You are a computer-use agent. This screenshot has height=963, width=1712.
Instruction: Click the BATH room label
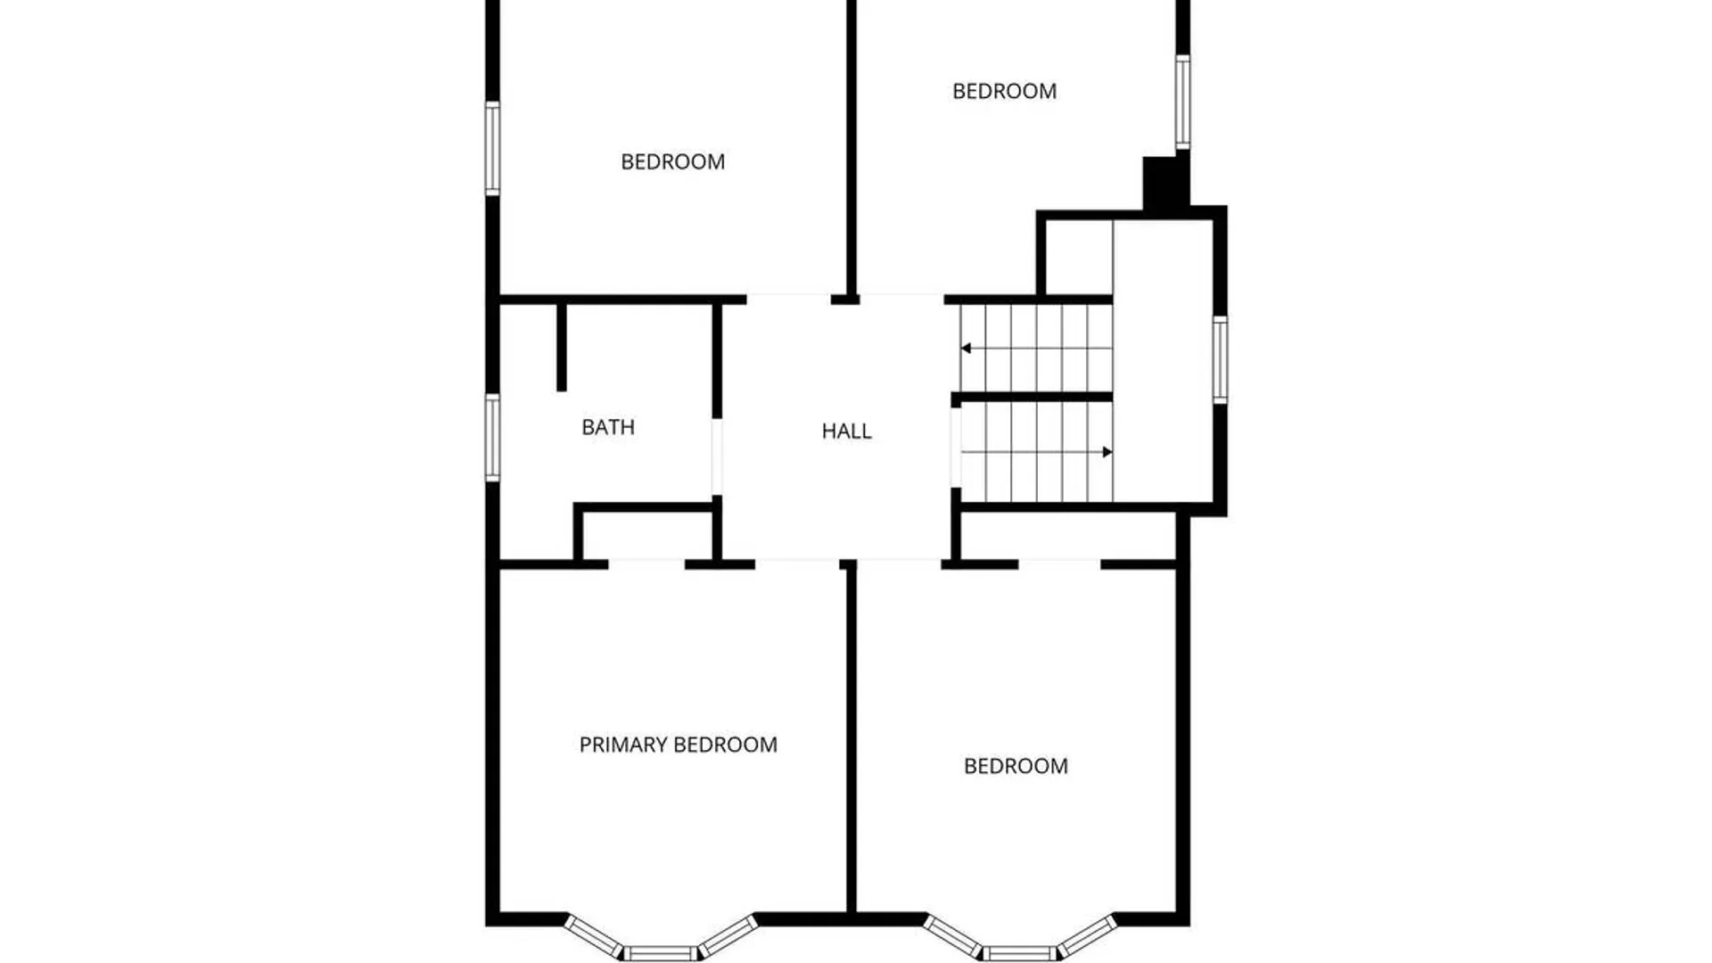click(608, 427)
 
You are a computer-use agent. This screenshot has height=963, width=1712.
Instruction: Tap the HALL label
click(846, 432)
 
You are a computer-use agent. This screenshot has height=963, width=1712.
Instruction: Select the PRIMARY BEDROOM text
click(678, 745)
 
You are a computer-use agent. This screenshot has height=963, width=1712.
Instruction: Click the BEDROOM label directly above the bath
click(672, 161)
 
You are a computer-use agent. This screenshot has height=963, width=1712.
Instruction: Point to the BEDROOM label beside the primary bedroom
click(1016, 766)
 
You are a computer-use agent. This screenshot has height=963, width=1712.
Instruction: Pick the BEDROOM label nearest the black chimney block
click(1004, 91)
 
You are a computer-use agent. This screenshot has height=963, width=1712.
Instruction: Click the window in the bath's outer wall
click(492, 437)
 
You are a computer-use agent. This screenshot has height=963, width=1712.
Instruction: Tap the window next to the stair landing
click(1220, 358)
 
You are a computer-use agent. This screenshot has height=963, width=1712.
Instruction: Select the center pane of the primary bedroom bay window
click(661, 953)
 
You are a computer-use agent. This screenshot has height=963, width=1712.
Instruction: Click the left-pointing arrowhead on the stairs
click(966, 349)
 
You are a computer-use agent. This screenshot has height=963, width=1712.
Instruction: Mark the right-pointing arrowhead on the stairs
click(1107, 452)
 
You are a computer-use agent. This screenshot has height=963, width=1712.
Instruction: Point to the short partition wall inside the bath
click(561, 347)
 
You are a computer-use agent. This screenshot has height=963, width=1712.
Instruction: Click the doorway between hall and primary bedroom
click(797, 564)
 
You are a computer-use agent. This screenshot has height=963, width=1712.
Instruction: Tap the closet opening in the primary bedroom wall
click(646, 564)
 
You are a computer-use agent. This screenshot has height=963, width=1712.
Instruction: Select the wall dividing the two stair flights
click(1032, 397)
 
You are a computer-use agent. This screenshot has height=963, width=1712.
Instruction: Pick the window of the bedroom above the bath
click(492, 148)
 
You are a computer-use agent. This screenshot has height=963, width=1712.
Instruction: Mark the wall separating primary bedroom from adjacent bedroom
click(851, 740)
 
